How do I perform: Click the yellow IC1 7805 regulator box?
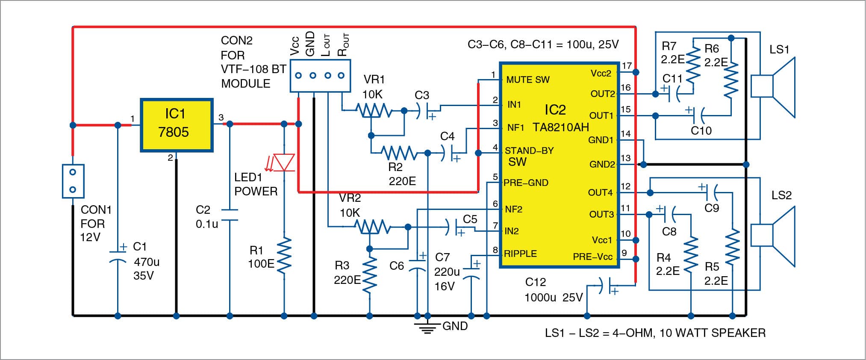(x=177, y=125)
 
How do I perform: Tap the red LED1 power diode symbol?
(x=284, y=163)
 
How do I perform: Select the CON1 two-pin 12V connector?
(x=73, y=181)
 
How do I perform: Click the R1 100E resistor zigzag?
(x=284, y=256)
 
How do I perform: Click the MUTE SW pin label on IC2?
(x=527, y=80)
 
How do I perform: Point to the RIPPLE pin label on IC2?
(x=520, y=254)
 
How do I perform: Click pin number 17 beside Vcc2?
(x=627, y=66)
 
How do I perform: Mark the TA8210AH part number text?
(x=560, y=127)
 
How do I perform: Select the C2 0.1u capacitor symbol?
(x=230, y=215)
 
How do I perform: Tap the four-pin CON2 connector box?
(x=320, y=76)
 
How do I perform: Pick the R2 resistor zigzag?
(x=398, y=153)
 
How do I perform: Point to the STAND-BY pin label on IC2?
(x=529, y=151)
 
